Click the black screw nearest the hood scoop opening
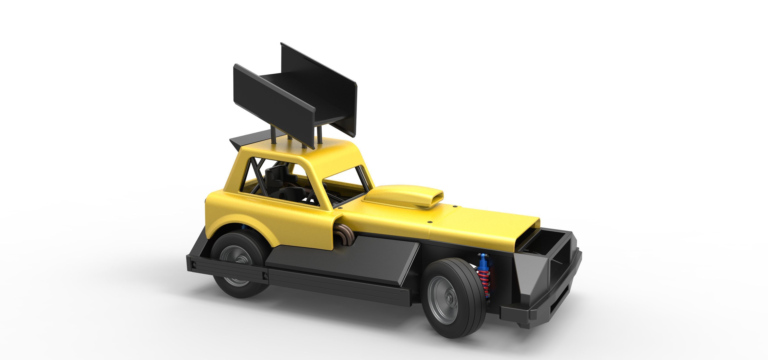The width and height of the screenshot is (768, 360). (455, 206)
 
